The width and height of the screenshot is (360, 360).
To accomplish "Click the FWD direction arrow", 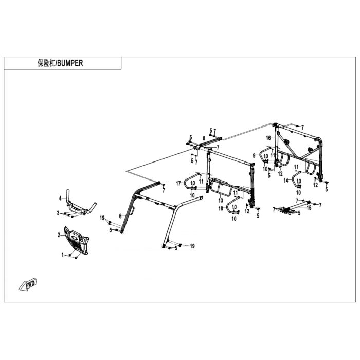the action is pyautogui.click(x=28, y=285).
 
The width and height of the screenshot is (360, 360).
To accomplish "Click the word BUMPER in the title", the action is pyautogui.click(x=70, y=63).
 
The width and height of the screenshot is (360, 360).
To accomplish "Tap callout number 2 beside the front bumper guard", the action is pyautogui.click(x=59, y=235).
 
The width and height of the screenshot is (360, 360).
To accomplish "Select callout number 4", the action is pyautogui.click(x=60, y=198).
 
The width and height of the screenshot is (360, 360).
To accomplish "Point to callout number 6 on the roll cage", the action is pyautogui.click(x=120, y=216).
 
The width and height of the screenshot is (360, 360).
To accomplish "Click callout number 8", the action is pyautogui.click(x=204, y=138).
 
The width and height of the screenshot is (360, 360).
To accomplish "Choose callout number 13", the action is pyautogui.click(x=221, y=201).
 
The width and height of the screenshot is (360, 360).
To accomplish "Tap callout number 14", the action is pyautogui.click(x=286, y=181).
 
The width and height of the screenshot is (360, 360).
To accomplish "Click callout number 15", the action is pyautogui.click(x=309, y=208).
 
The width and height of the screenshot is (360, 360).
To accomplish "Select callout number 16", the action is pyautogui.click(x=268, y=138).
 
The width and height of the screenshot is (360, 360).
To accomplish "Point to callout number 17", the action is pyautogui.click(x=178, y=183).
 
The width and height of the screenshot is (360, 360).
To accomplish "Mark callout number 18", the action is pyautogui.click(x=221, y=208).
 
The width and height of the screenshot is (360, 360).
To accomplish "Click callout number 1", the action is pyautogui.click(x=62, y=255).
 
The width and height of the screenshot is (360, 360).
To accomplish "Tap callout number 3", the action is pyautogui.click(x=58, y=213).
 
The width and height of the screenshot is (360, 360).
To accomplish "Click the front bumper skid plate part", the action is pyautogui.click(x=77, y=241).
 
